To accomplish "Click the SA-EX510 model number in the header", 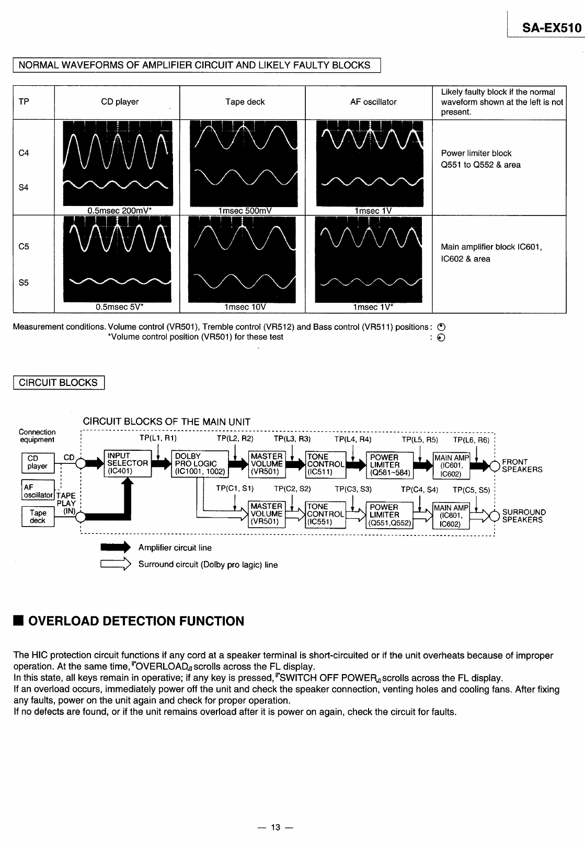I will [x=548, y=28].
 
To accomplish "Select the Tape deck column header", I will [x=245, y=102].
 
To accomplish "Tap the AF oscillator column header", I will [x=373, y=102].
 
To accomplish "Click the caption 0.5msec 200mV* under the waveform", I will [x=120, y=211].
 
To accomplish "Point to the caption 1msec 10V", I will [x=245, y=307].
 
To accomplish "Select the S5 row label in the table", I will [x=24, y=283].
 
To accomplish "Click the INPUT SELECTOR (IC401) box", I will [x=127, y=463].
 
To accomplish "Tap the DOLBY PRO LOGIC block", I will [x=199, y=464].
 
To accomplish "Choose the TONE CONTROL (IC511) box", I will [x=325, y=464].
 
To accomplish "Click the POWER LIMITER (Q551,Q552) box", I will [x=389, y=515].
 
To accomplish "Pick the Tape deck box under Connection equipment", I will [x=38, y=517].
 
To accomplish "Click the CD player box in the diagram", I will [x=37, y=462].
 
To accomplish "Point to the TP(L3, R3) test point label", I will [x=292, y=439].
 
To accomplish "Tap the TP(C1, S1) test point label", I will [x=235, y=488].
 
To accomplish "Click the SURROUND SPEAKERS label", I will [x=524, y=516].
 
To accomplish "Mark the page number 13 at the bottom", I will [x=276, y=827].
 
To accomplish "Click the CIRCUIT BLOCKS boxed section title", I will [x=58, y=382].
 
